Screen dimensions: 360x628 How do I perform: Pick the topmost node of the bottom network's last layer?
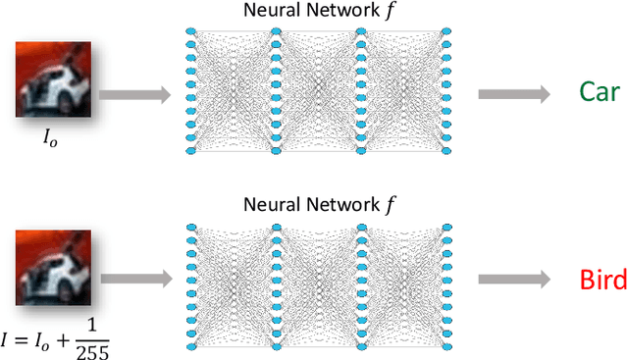point(446,227)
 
